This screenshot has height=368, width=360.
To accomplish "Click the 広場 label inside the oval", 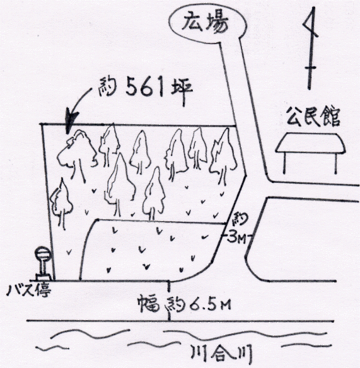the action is (205, 23).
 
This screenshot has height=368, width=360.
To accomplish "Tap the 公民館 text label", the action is (313, 117).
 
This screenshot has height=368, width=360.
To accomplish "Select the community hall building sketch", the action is (310, 153).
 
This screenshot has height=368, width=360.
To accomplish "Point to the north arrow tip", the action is (313, 8).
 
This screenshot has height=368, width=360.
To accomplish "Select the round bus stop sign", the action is (43, 253).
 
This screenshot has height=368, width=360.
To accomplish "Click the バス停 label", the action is (29, 291).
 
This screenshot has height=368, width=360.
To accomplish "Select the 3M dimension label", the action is (236, 238).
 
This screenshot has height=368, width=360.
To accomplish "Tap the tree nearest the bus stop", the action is (61, 204).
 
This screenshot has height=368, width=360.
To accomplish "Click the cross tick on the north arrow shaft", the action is (310, 68).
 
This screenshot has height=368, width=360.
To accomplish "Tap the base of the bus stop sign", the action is (44, 277).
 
